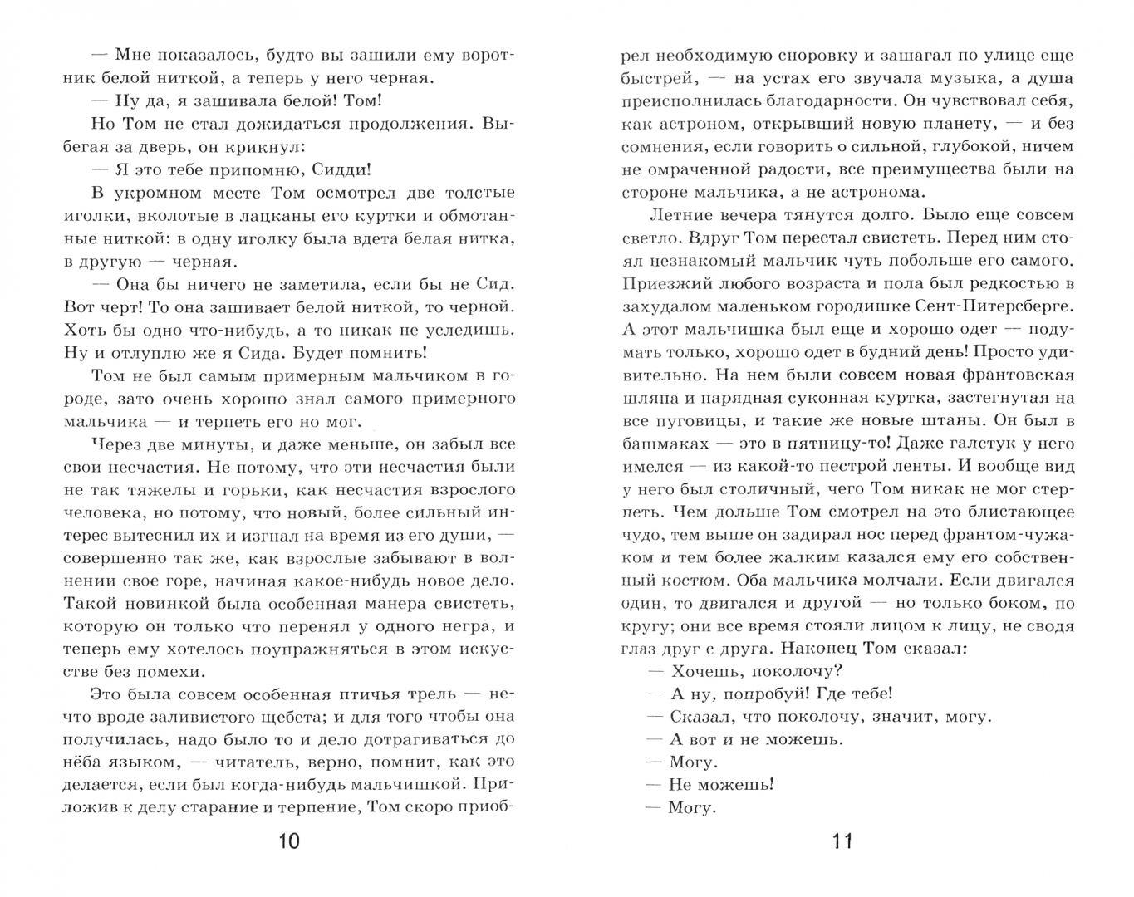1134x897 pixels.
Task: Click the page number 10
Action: [x=288, y=841]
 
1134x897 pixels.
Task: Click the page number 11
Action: [x=842, y=841]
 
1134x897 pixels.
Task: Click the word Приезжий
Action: [x=665, y=284]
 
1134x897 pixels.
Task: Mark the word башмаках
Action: [x=665, y=444]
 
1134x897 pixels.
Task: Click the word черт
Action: [x=125, y=306]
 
